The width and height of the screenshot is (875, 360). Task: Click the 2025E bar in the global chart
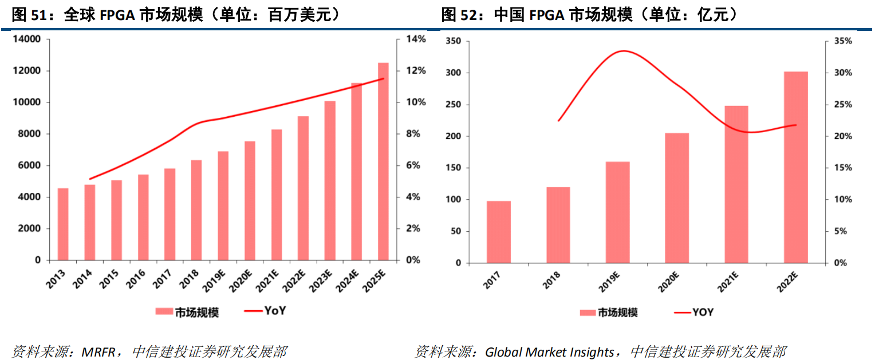383,161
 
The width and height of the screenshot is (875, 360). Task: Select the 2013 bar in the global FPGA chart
63,224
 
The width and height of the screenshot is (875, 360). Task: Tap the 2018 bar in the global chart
196,210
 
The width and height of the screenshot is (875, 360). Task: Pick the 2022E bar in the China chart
795,167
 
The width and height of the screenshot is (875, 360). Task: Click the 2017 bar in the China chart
498,232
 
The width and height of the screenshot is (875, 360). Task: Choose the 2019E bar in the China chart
617,212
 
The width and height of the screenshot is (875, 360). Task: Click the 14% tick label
416,39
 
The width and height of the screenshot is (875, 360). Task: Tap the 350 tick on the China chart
453,41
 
